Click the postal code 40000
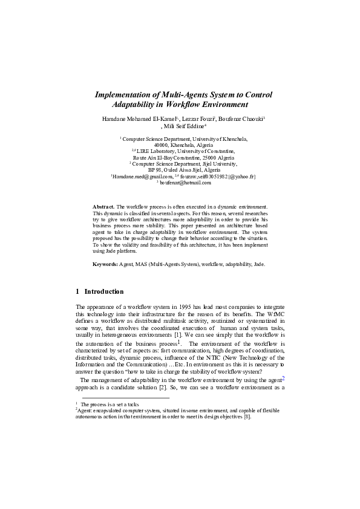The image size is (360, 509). (x=162, y=144)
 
